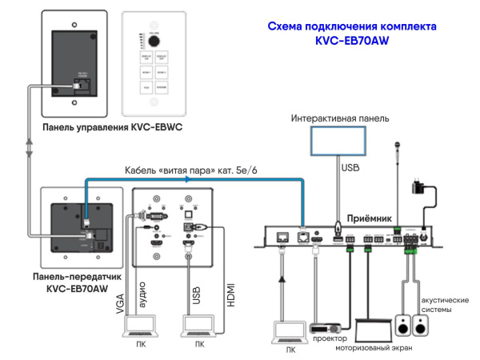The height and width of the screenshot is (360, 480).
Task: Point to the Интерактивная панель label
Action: [x=339, y=118]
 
